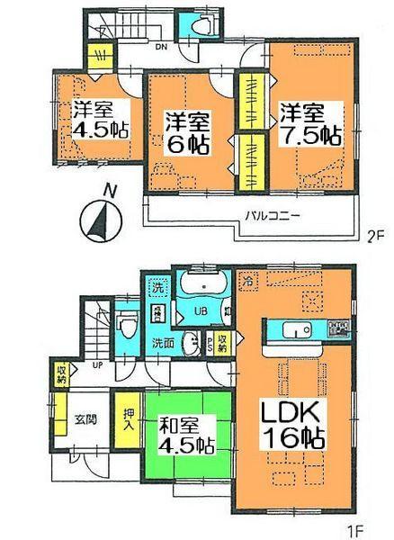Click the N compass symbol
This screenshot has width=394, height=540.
click(101, 217)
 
